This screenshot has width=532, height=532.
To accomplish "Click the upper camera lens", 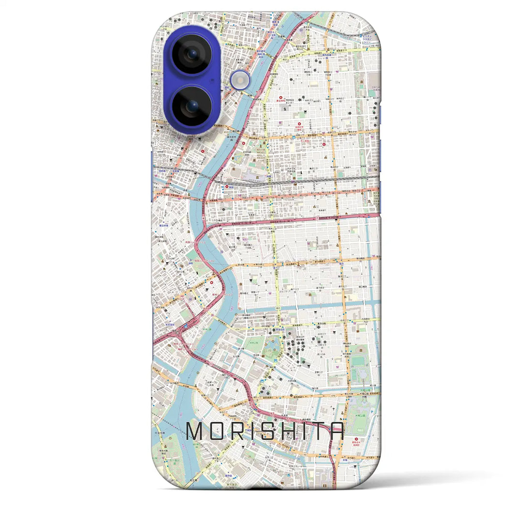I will [x=192, y=54].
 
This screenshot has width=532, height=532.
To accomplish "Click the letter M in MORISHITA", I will [x=195, y=432].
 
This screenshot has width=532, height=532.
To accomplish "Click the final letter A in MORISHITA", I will [x=338, y=432].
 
